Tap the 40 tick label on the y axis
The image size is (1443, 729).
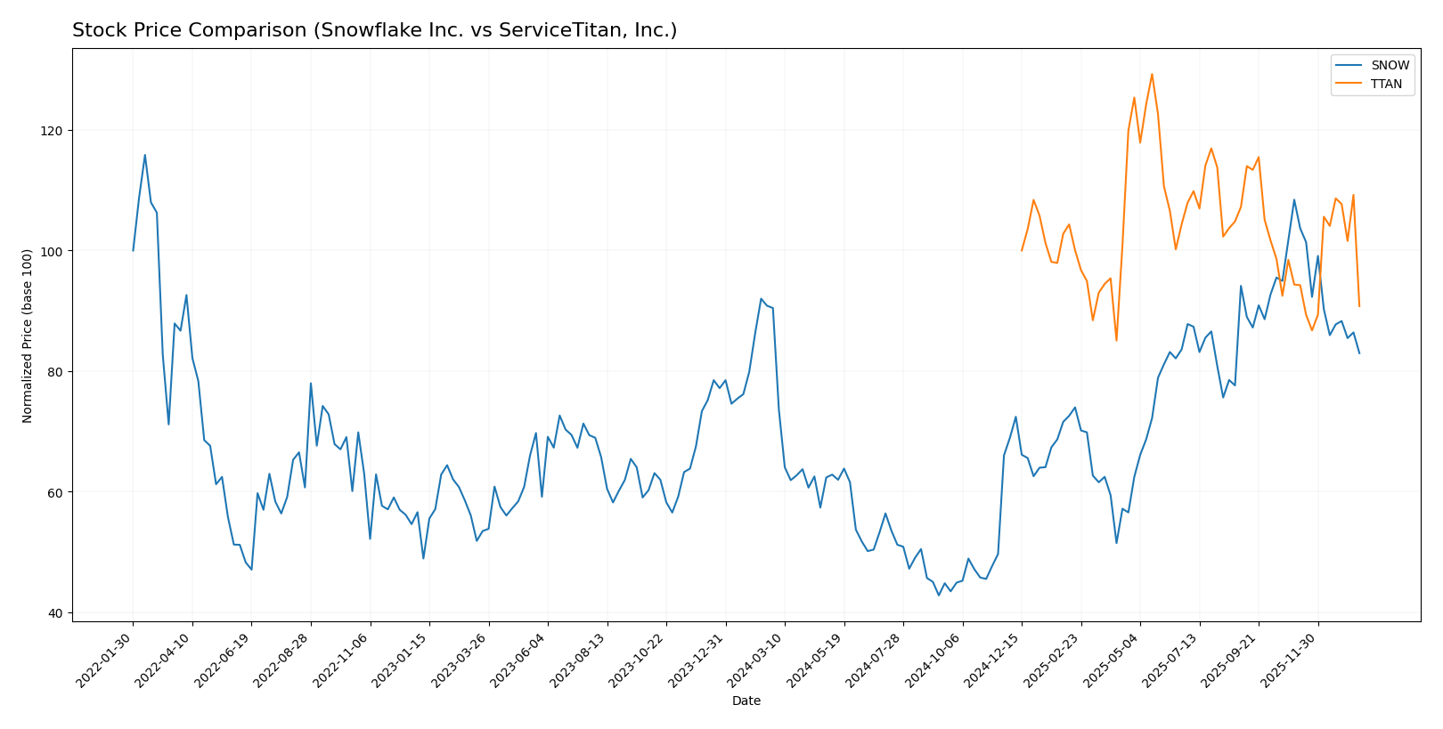point(56,613)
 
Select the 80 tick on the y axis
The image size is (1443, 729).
point(56,372)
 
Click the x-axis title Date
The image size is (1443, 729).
point(746,701)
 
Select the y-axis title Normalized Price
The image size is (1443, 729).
point(28,336)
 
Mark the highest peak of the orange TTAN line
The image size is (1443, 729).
point(1152,74)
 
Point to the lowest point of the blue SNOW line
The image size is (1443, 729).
point(939,595)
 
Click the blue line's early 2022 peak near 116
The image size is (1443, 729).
point(145,155)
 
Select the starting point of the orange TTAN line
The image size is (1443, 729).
point(1022,250)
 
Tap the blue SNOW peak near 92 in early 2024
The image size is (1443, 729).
point(761,299)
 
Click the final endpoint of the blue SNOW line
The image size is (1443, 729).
point(1359,353)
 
